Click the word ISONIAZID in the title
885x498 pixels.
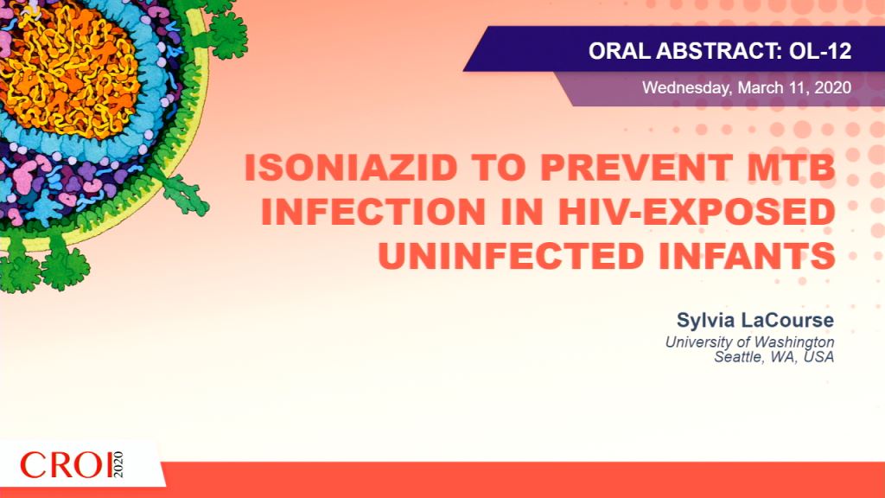[x=351, y=168]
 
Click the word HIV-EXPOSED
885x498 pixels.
[x=697, y=212]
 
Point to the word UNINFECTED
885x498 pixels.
[x=511, y=255]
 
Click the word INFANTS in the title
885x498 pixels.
[x=748, y=255]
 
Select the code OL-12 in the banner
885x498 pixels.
[x=820, y=51]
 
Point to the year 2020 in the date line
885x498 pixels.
[x=833, y=87]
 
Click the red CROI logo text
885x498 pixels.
[x=66, y=465]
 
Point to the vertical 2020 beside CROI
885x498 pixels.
[x=118, y=464]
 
